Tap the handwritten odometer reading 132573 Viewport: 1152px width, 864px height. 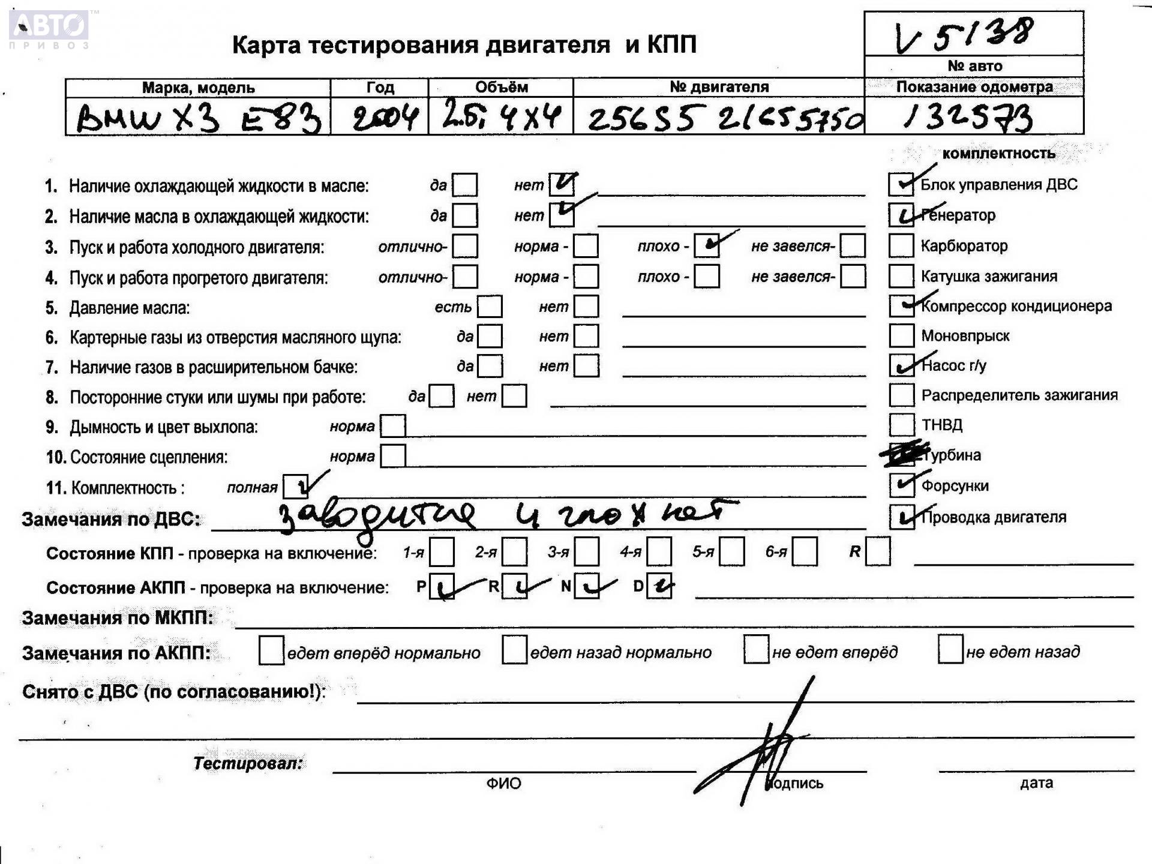(x=967, y=117)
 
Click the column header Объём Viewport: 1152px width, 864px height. (x=501, y=88)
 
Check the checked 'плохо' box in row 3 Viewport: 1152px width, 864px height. (x=707, y=245)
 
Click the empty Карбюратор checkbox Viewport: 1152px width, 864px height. (x=901, y=245)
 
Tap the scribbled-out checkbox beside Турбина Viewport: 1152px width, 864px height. (x=902, y=455)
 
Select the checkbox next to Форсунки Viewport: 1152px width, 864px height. (x=901, y=485)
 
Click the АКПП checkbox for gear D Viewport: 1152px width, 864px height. (x=659, y=586)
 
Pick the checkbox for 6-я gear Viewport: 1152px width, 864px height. (x=804, y=551)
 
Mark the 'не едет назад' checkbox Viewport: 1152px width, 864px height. (x=950, y=651)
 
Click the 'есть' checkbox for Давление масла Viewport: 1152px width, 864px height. (x=490, y=307)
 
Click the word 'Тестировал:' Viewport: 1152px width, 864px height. (x=247, y=763)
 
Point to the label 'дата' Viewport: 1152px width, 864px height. (x=1036, y=782)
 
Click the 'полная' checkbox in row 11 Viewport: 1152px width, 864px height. (x=295, y=487)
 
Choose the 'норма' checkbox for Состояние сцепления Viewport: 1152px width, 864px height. (x=393, y=456)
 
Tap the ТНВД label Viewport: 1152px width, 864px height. (x=942, y=425)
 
